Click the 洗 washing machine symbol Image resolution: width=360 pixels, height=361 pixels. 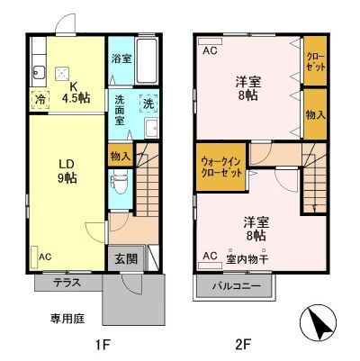click(x=148, y=104)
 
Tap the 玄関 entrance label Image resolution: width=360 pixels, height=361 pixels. click(x=126, y=257)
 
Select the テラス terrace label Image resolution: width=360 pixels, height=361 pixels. click(x=67, y=282)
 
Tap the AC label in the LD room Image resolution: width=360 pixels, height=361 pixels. click(x=44, y=257)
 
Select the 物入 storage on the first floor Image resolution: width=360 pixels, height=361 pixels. click(x=120, y=156)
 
